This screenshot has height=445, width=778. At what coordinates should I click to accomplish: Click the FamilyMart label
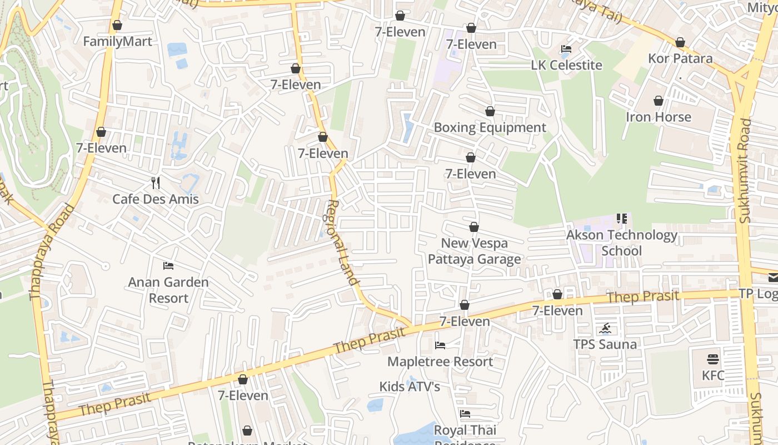click(117, 42)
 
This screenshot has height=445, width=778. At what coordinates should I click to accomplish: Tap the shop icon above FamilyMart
click(117, 26)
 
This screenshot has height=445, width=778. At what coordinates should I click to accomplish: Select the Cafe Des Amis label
click(156, 199)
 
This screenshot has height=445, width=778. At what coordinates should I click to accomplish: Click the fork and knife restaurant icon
click(156, 182)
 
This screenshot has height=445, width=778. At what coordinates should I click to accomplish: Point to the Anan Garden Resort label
click(168, 290)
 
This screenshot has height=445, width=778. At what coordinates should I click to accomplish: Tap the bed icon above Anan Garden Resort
click(168, 266)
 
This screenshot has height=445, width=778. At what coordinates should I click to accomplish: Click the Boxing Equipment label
click(490, 127)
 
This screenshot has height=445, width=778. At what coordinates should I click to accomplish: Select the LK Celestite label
click(566, 65)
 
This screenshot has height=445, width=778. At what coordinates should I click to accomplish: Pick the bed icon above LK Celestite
click(566, 49)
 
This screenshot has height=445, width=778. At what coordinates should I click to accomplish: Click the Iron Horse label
click(659, 117)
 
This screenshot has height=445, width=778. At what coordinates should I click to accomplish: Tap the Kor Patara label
click(680, 58)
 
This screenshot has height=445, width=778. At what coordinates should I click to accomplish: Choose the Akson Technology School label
click(621, 243)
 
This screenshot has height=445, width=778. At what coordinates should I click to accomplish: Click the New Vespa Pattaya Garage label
click(474, 251)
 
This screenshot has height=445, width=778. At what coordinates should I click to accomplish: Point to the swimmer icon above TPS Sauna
click(605, 328)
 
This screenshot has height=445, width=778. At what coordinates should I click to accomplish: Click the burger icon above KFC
click(713, 359)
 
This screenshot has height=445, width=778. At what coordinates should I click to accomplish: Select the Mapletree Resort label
click(440, 362)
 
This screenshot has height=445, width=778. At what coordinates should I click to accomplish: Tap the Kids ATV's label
click(410, 387)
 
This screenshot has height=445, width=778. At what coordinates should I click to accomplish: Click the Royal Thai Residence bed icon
click(465, 414)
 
